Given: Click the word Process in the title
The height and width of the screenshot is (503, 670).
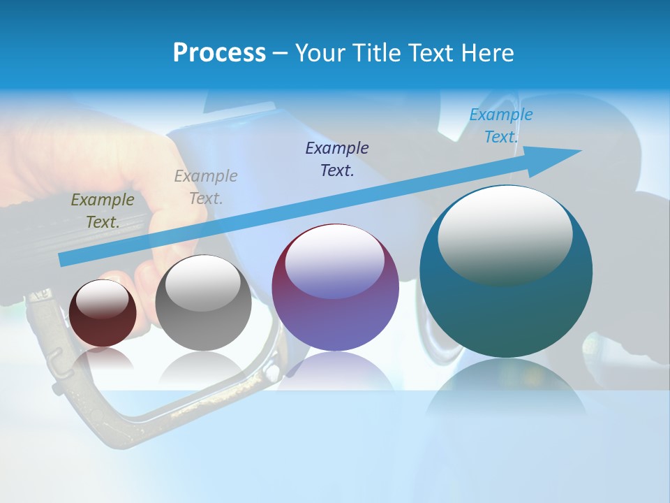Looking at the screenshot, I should [219, 53].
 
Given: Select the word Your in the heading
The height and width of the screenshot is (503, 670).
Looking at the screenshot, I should [318, 53].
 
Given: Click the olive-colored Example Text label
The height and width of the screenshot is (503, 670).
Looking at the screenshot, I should [103, 211].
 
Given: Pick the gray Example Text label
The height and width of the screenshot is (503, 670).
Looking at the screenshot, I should [206, 187].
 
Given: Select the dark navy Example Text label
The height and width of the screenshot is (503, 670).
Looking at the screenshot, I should [337, 159].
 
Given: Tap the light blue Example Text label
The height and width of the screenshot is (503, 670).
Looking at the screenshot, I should [501, 126].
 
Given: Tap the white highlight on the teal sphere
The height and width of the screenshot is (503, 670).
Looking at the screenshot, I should [505, 234].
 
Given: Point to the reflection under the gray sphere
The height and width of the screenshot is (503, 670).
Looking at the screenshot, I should [203, 367].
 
